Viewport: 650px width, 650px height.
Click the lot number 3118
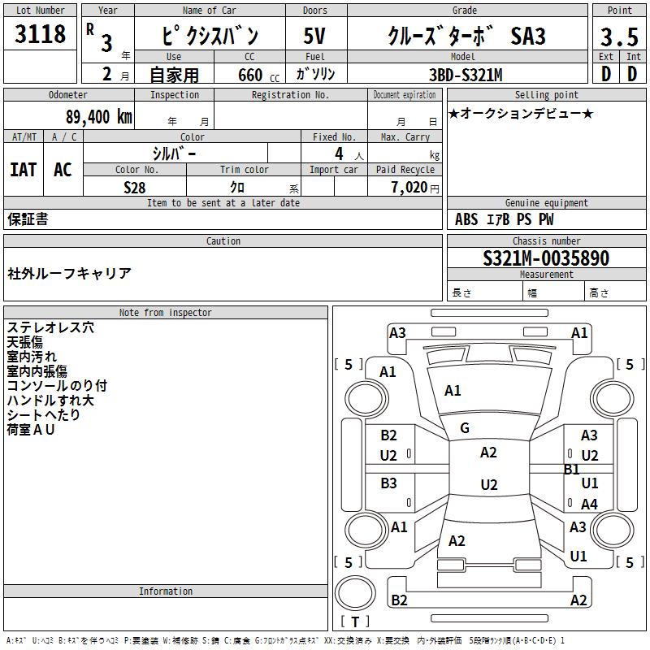pyautogui.click(x=40, y=33)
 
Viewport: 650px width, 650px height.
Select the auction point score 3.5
pyautogui.click(x=619, y=37)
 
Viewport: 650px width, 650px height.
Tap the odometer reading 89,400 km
pyautogui.click(x=98, y=116)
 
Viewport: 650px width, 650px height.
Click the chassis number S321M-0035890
pyautogui.click(x=546, y=258)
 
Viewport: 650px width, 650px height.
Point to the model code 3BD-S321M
pyautogui.click(x=466, y=75)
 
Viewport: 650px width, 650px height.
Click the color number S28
pyautogui.click(x=135, y=188)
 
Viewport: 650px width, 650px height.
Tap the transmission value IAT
pyautogui.click(x=24, y=170)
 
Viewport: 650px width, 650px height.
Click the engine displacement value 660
pyautogui.click(x=250, y=75)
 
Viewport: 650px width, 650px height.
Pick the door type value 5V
pyautogui.click(x=314, y=36)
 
